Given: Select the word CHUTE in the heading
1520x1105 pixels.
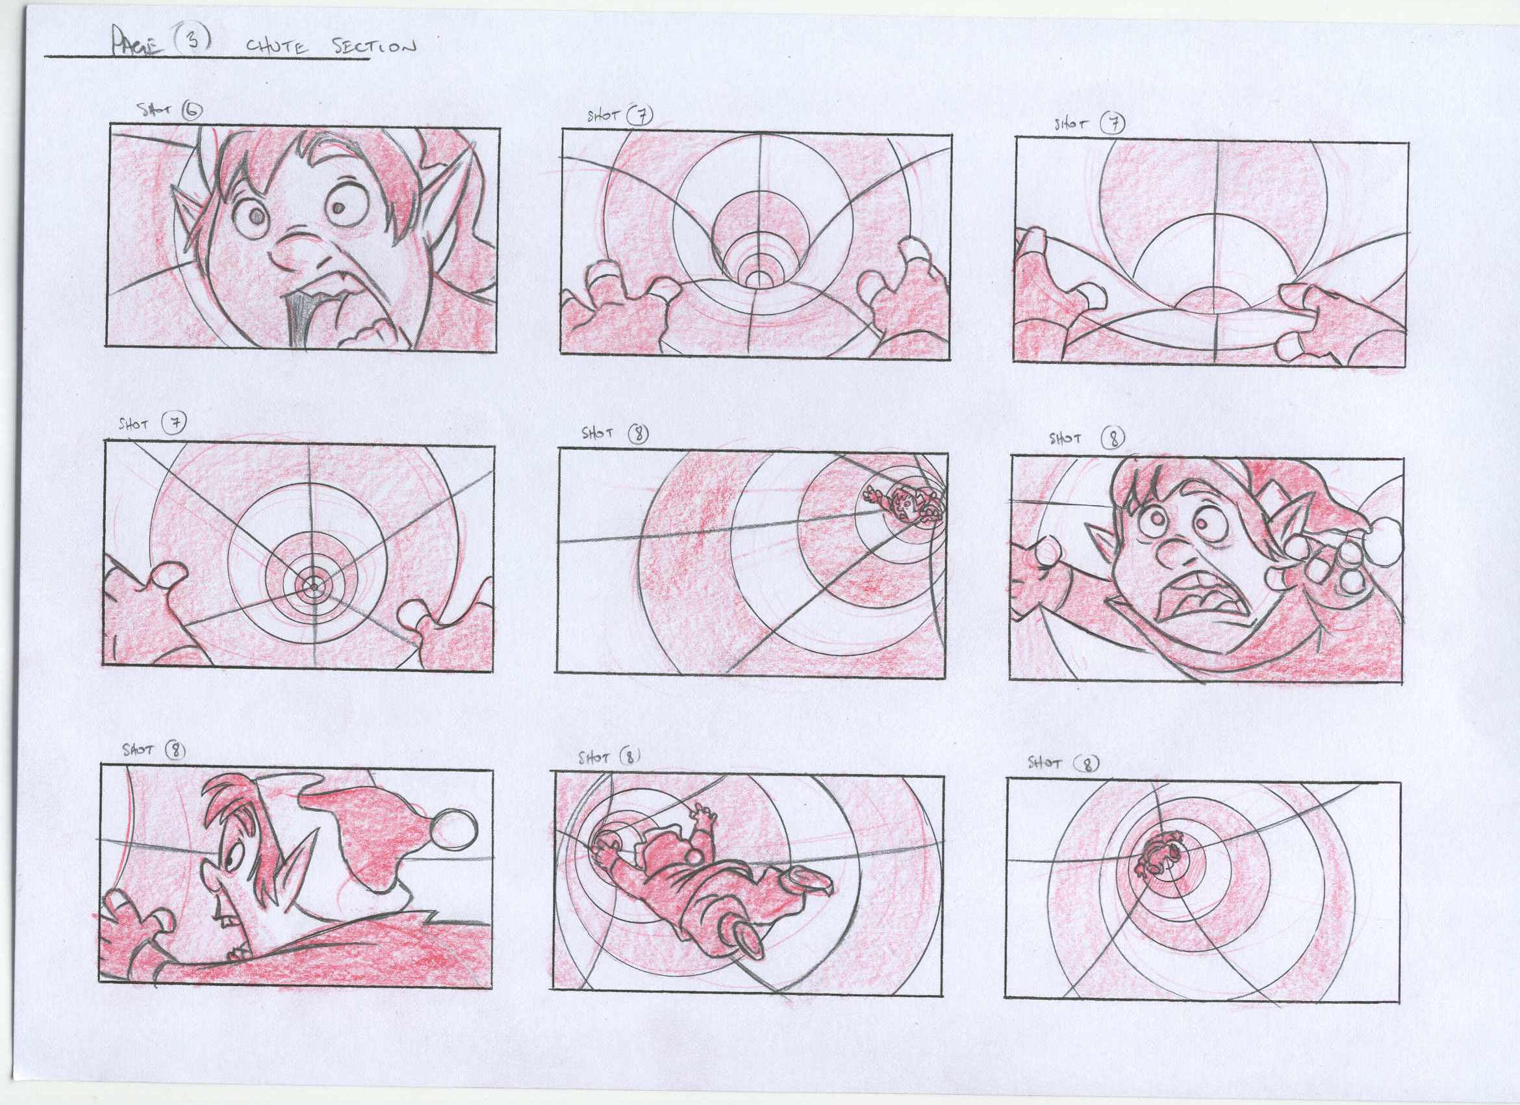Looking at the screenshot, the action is pos(277,47).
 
